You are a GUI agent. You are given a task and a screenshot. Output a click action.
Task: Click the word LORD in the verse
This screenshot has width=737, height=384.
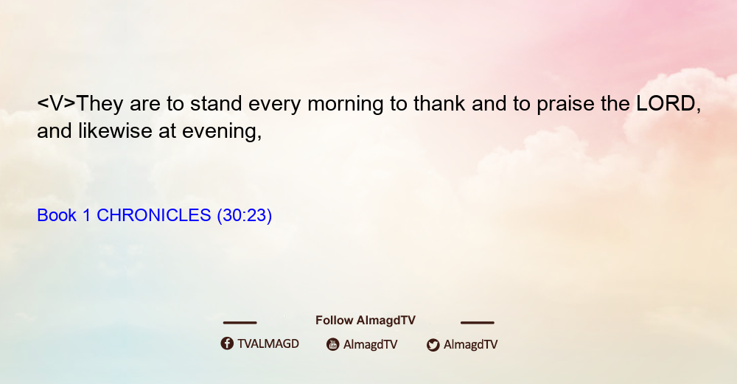pos(666,103)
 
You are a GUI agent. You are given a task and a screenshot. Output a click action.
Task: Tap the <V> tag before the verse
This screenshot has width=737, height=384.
pos(56,103)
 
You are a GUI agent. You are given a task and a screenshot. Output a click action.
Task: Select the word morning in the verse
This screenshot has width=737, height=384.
pos(346,105)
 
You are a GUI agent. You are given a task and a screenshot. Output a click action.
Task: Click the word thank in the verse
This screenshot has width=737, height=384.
pos(439,103)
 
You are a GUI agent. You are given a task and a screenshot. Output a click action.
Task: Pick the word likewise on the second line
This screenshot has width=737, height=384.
pos(115,130)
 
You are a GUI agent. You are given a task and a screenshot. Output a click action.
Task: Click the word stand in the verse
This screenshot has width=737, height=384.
pos(216,103)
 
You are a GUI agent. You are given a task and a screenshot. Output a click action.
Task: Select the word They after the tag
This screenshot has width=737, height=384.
pos(99,105)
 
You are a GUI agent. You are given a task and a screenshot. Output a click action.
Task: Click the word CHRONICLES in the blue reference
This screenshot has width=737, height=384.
pos(154,215)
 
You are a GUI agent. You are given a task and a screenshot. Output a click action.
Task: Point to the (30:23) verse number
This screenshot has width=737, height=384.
pos(245,216)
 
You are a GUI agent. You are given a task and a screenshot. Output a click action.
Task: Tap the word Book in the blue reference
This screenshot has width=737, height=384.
pos(57,215)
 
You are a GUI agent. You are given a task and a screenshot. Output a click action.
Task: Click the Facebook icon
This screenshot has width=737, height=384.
pos(227,343)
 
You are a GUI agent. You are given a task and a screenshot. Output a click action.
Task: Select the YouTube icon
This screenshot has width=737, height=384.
pos(333,344)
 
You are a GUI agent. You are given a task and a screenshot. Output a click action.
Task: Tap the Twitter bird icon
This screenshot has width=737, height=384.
pos(433,345)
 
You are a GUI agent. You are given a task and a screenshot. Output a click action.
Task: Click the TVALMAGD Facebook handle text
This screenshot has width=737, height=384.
pos(268,343)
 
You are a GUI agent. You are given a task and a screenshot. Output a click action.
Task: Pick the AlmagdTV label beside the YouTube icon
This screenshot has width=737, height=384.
pos(371,344)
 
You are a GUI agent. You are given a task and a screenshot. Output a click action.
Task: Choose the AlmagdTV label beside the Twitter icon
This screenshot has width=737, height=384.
pos(470,344)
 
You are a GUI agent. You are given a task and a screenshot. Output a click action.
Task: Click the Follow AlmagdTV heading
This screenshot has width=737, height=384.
pos(366,320)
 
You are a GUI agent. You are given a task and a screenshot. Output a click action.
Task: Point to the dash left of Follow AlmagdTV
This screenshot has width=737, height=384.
pos(240,322)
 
